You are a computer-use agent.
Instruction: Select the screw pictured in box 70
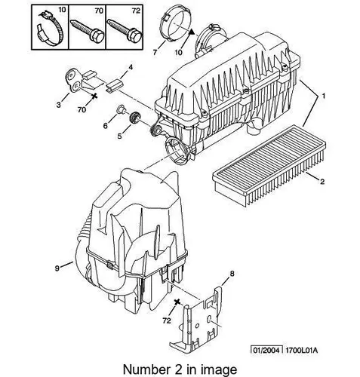pos(87,31)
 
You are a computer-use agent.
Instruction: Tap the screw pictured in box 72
pos(125,30)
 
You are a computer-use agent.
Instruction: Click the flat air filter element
pos(269,166)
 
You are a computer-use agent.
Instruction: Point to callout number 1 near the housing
pos(324,96)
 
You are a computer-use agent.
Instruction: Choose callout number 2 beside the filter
pos(322,181)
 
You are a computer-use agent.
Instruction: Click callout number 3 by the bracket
pos(59,105)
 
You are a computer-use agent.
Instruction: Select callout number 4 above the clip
pos(131,67)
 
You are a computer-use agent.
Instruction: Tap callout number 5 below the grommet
pos(120,136)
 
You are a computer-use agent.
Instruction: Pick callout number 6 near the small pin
pos(106,126)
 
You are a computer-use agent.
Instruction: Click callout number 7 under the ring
pos(155,52)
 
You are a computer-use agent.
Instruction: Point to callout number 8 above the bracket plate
pos(232,274)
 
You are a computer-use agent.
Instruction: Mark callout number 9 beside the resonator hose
pos(57,268)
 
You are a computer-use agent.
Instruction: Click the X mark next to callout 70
pos(94,96)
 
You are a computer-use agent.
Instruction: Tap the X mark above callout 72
pos(177,302)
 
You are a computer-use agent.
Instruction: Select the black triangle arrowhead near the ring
pos(192,32)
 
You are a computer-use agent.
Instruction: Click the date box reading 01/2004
pos(266,350)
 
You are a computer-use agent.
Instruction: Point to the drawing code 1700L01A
pos(301,351)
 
